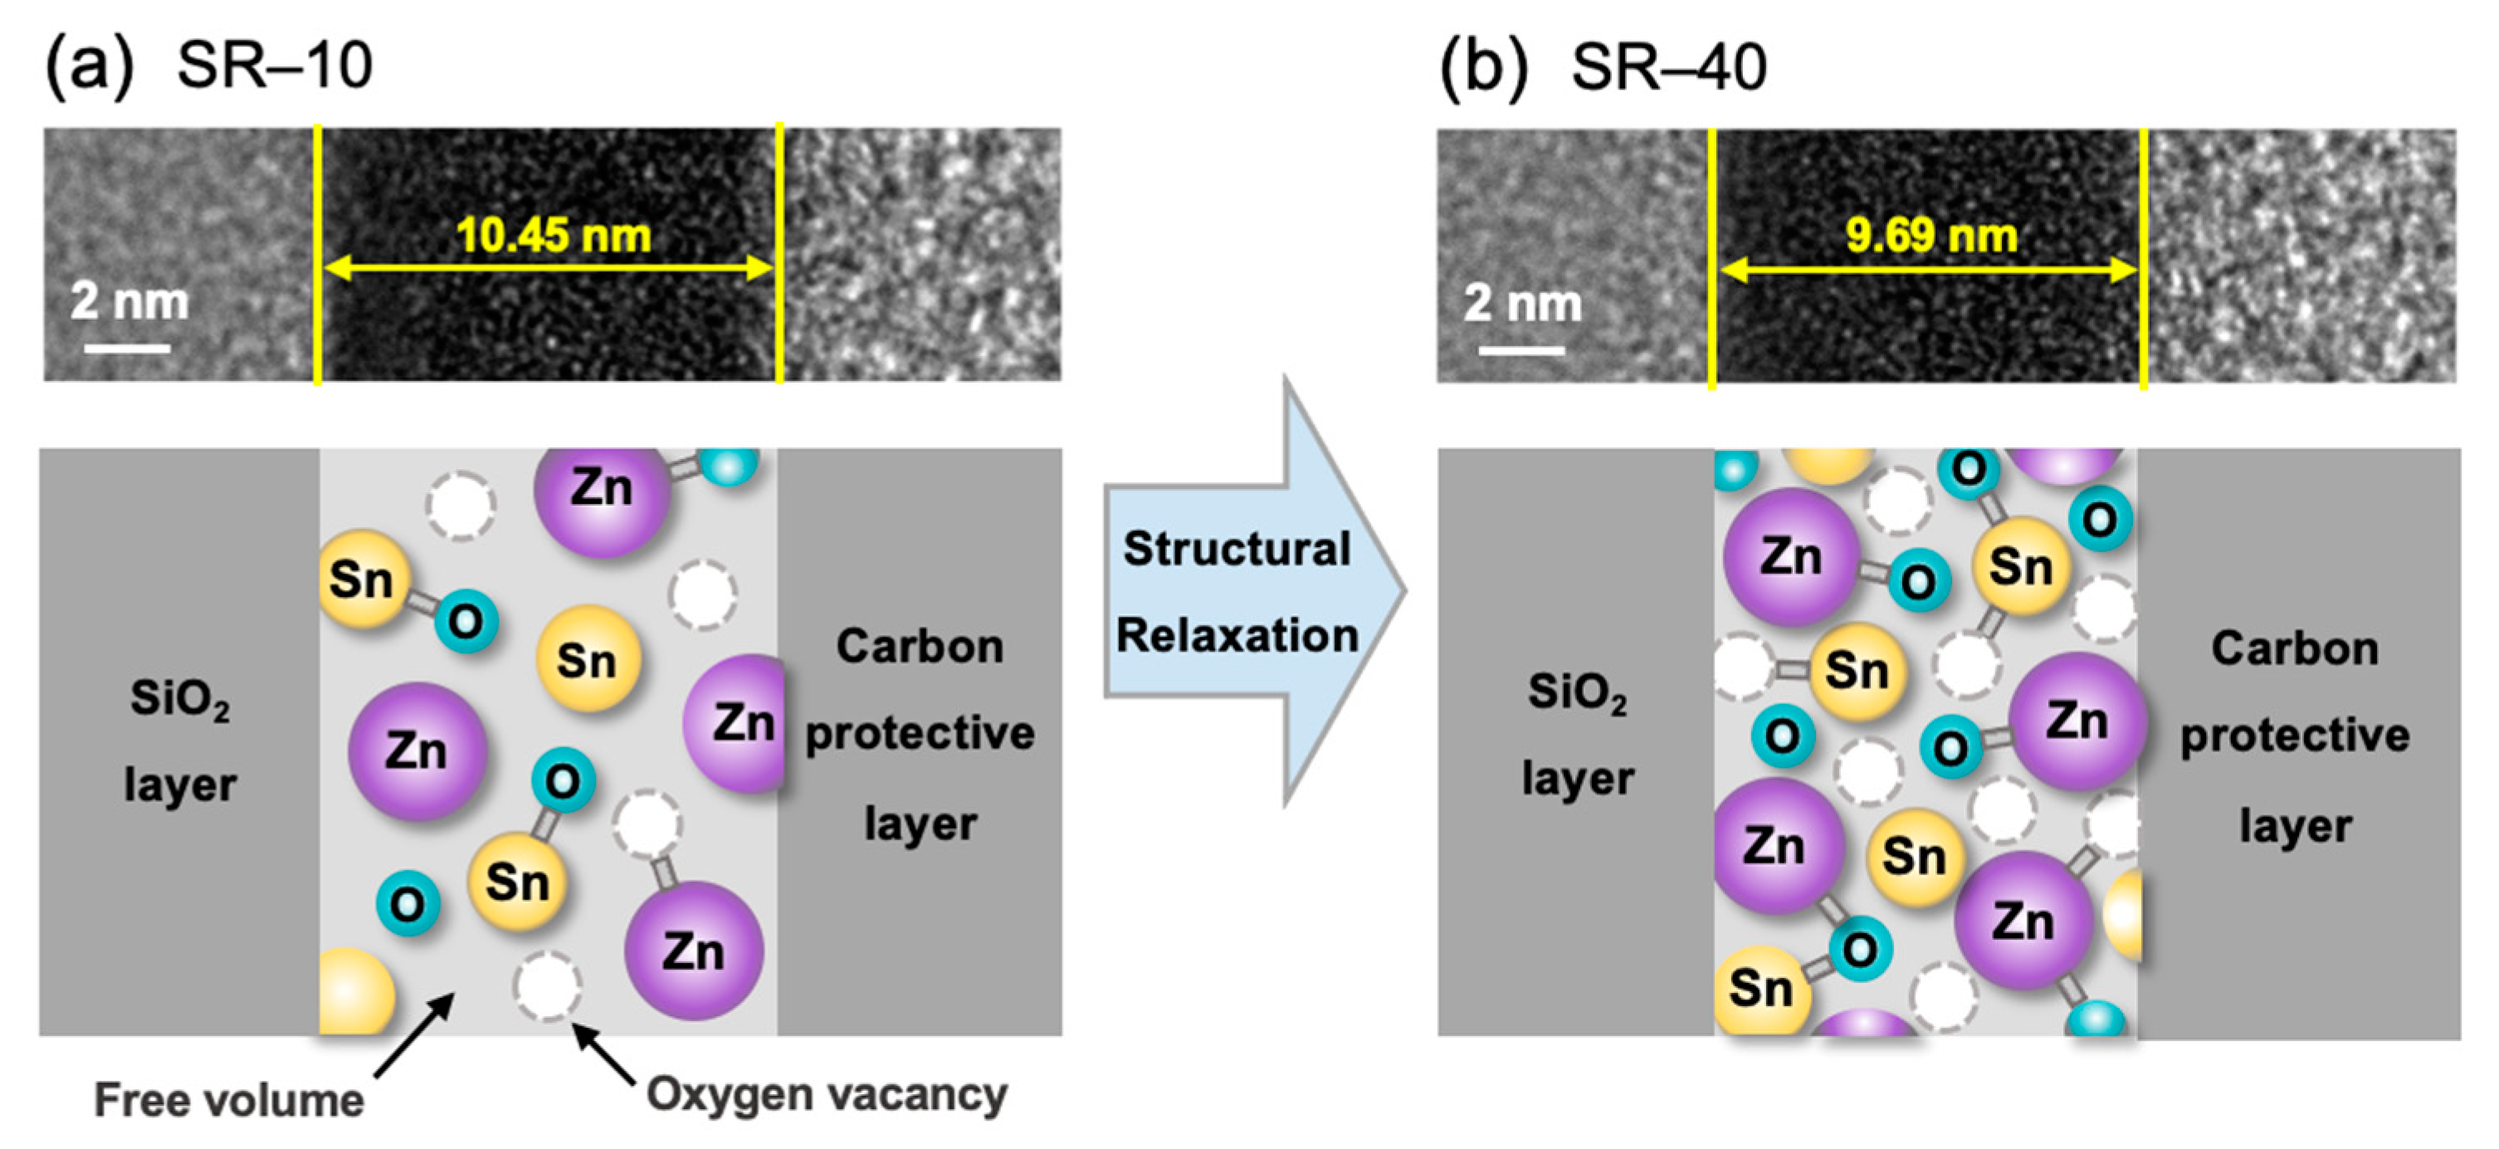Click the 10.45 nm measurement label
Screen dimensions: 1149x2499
553,236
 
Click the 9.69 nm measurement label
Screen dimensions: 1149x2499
1930,236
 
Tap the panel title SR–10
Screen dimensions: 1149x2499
275,66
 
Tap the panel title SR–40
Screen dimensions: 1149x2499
1668,68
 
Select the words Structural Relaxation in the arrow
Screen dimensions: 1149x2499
1237,592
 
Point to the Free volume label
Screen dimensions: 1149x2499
229,1099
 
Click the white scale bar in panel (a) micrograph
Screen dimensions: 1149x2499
127,347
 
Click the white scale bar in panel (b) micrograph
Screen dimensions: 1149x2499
1520,350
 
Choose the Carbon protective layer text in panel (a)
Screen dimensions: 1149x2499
920,734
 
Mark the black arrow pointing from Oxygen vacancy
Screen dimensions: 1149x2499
603,1054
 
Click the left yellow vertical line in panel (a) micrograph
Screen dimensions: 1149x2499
317,254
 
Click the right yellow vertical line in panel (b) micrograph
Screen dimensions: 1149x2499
2143,257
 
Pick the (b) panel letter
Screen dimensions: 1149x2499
1482,68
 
